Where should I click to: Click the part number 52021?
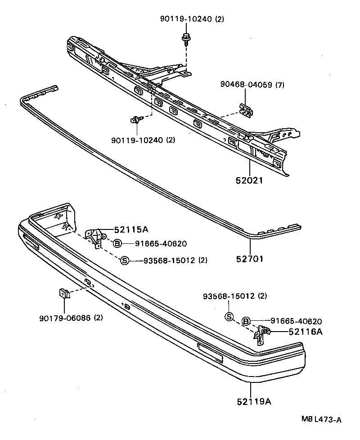[249, 180]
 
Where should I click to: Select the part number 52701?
[249, 259]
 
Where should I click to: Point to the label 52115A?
[131, 229]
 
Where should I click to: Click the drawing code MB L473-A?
[321, 419]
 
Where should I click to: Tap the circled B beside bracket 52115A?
[117, 243]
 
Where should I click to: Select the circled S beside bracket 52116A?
[229, 317]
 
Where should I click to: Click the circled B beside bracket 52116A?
[246, 321]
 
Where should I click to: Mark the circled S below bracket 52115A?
[125, 260]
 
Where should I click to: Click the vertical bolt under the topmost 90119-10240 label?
[185, 39]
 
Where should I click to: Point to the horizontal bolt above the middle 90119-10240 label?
[135, 120]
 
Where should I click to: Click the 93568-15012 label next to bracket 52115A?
[175, 260]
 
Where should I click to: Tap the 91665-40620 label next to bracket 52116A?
[296, 321]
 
